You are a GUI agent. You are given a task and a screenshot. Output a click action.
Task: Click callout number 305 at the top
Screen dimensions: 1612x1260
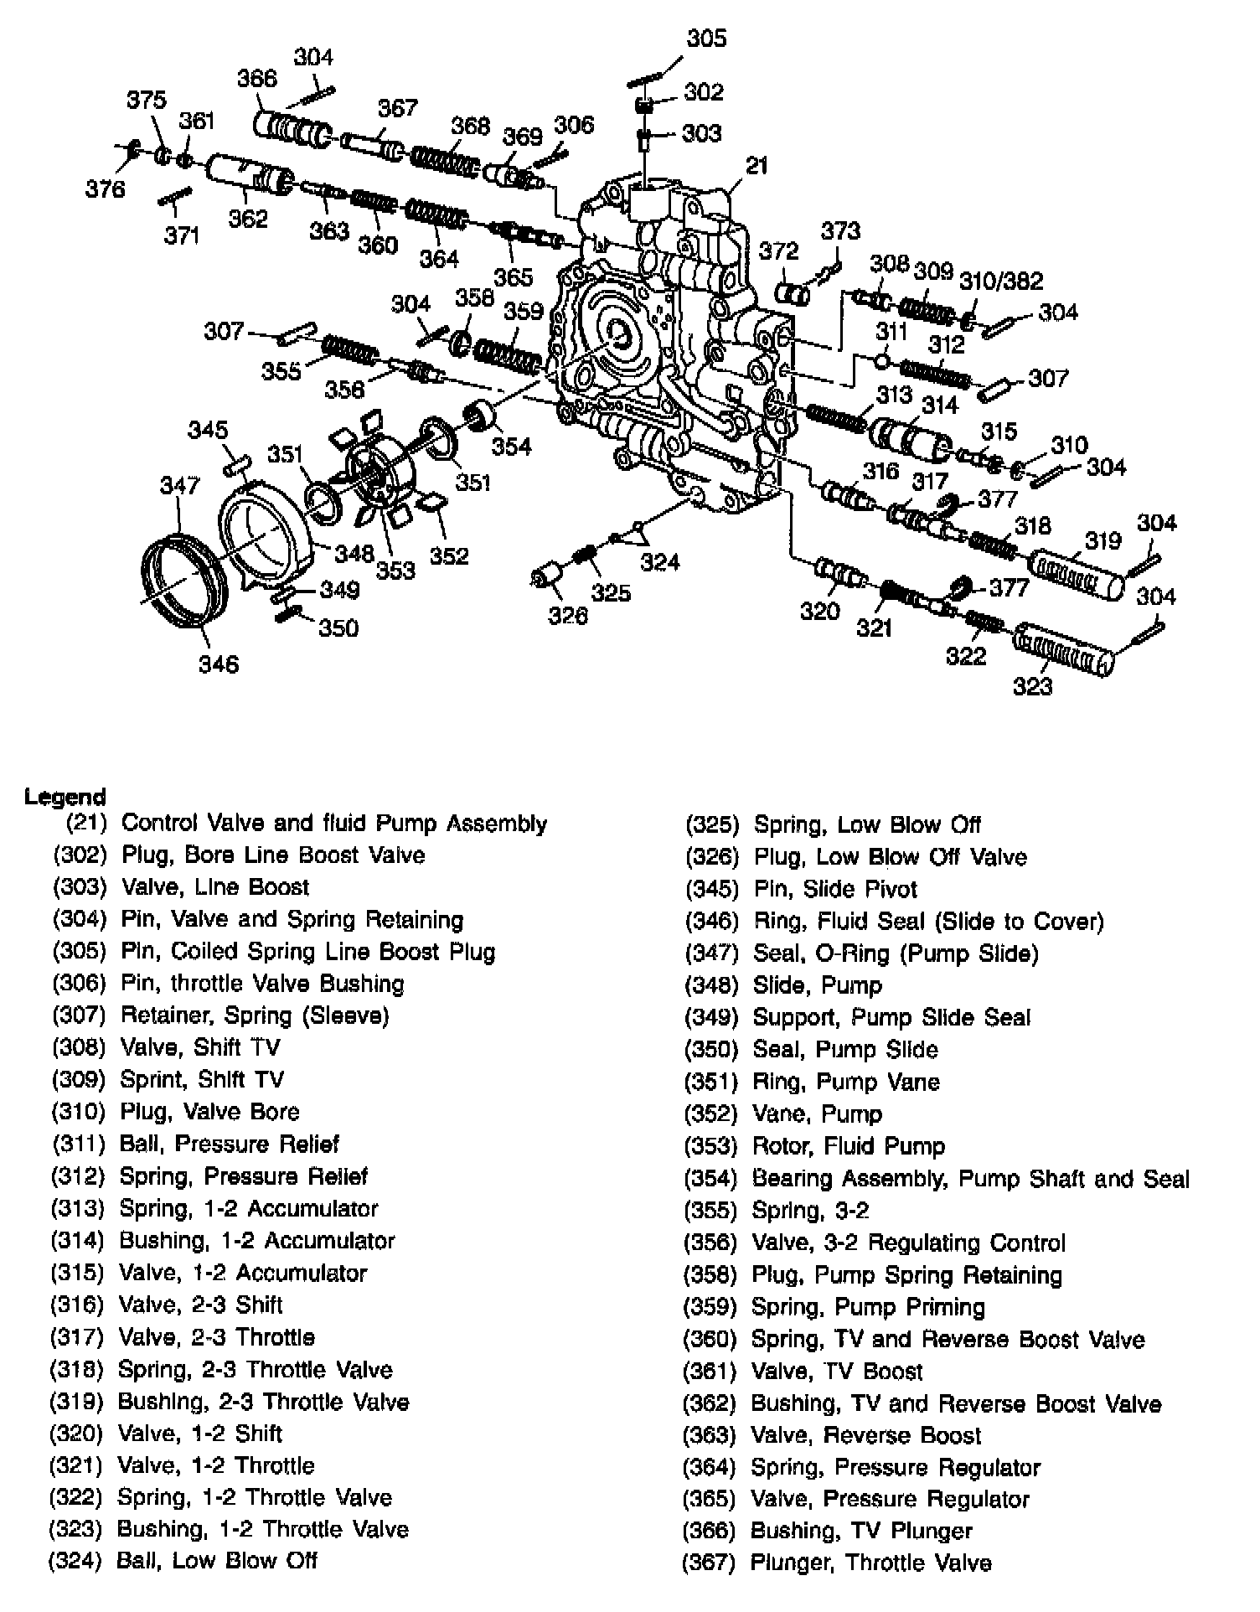point(706,39)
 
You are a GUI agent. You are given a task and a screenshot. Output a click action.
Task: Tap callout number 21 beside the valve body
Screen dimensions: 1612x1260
point(757,166)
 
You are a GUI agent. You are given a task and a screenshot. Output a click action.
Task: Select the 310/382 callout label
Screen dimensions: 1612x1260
point(1001,280)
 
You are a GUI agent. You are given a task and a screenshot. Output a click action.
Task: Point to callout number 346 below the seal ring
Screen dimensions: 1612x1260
point(219,664)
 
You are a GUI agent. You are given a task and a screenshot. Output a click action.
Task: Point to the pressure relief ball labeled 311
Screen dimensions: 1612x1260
point(881,360)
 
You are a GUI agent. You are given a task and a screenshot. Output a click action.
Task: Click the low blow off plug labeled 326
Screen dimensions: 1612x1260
point(549,577)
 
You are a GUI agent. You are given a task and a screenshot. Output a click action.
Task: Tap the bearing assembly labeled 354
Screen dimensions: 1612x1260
point(480,416)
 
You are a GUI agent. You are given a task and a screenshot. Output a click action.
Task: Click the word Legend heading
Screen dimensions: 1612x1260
point(65,796)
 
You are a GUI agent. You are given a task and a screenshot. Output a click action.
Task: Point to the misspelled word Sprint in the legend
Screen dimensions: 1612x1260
point(149,1079)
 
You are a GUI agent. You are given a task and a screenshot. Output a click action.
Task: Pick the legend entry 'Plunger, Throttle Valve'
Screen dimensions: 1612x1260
point(870,1563)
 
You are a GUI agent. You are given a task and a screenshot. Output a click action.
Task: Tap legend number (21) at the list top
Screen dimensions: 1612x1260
point(87,823)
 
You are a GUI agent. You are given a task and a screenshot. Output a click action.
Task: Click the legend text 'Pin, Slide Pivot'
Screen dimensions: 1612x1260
point(835,889)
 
